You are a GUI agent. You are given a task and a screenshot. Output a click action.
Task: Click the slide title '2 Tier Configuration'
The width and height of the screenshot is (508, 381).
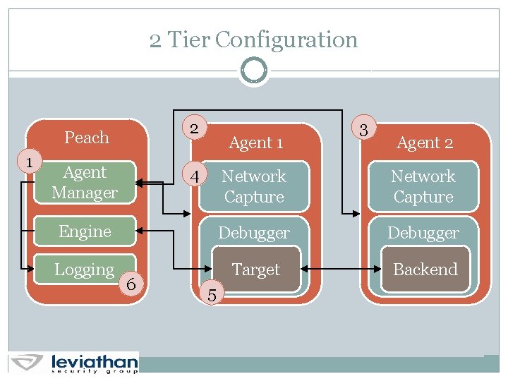253,40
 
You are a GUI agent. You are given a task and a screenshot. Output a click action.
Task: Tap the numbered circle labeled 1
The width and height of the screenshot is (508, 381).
29,162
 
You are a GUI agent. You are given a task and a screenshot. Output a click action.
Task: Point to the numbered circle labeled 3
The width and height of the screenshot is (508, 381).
363,130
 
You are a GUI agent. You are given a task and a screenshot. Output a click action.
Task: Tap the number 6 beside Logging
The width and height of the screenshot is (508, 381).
131,284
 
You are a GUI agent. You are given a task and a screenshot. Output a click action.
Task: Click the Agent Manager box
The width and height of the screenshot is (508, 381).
85,183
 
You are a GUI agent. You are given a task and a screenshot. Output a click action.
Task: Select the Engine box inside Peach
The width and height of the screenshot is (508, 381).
85,231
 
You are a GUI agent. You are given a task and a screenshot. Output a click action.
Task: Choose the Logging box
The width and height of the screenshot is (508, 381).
85,270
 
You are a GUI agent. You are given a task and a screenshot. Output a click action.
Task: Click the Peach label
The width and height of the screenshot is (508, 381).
87,138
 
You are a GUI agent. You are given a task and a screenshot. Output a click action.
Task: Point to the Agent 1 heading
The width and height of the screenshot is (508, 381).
256,143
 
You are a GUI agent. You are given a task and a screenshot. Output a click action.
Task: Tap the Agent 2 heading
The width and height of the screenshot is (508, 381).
425,143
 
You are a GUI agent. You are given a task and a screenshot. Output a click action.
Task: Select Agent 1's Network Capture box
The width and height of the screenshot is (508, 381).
254,186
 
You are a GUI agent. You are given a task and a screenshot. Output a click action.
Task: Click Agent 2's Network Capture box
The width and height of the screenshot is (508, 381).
423,186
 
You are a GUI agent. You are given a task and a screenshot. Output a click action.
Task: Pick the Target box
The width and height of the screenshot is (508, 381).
256,270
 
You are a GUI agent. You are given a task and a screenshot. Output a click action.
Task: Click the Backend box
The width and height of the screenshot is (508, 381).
425,270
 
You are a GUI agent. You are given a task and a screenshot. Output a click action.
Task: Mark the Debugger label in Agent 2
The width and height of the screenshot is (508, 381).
423,233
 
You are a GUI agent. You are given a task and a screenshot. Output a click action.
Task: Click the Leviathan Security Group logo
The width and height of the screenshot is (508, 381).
74,362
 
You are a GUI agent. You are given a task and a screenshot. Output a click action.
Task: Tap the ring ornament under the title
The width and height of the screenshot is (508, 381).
253,71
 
